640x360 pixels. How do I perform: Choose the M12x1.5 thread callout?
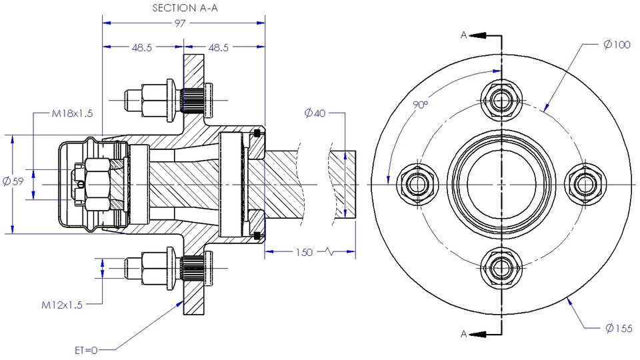[x=62, y=305]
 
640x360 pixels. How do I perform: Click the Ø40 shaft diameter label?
[x=314, y=113]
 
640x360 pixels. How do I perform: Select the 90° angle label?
[x=420, y=105]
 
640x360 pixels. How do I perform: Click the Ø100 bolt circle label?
[x=617, y=45]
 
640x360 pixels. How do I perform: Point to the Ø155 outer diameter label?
[x=619, y=327]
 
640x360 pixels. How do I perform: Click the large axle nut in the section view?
[x=96, y=184]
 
